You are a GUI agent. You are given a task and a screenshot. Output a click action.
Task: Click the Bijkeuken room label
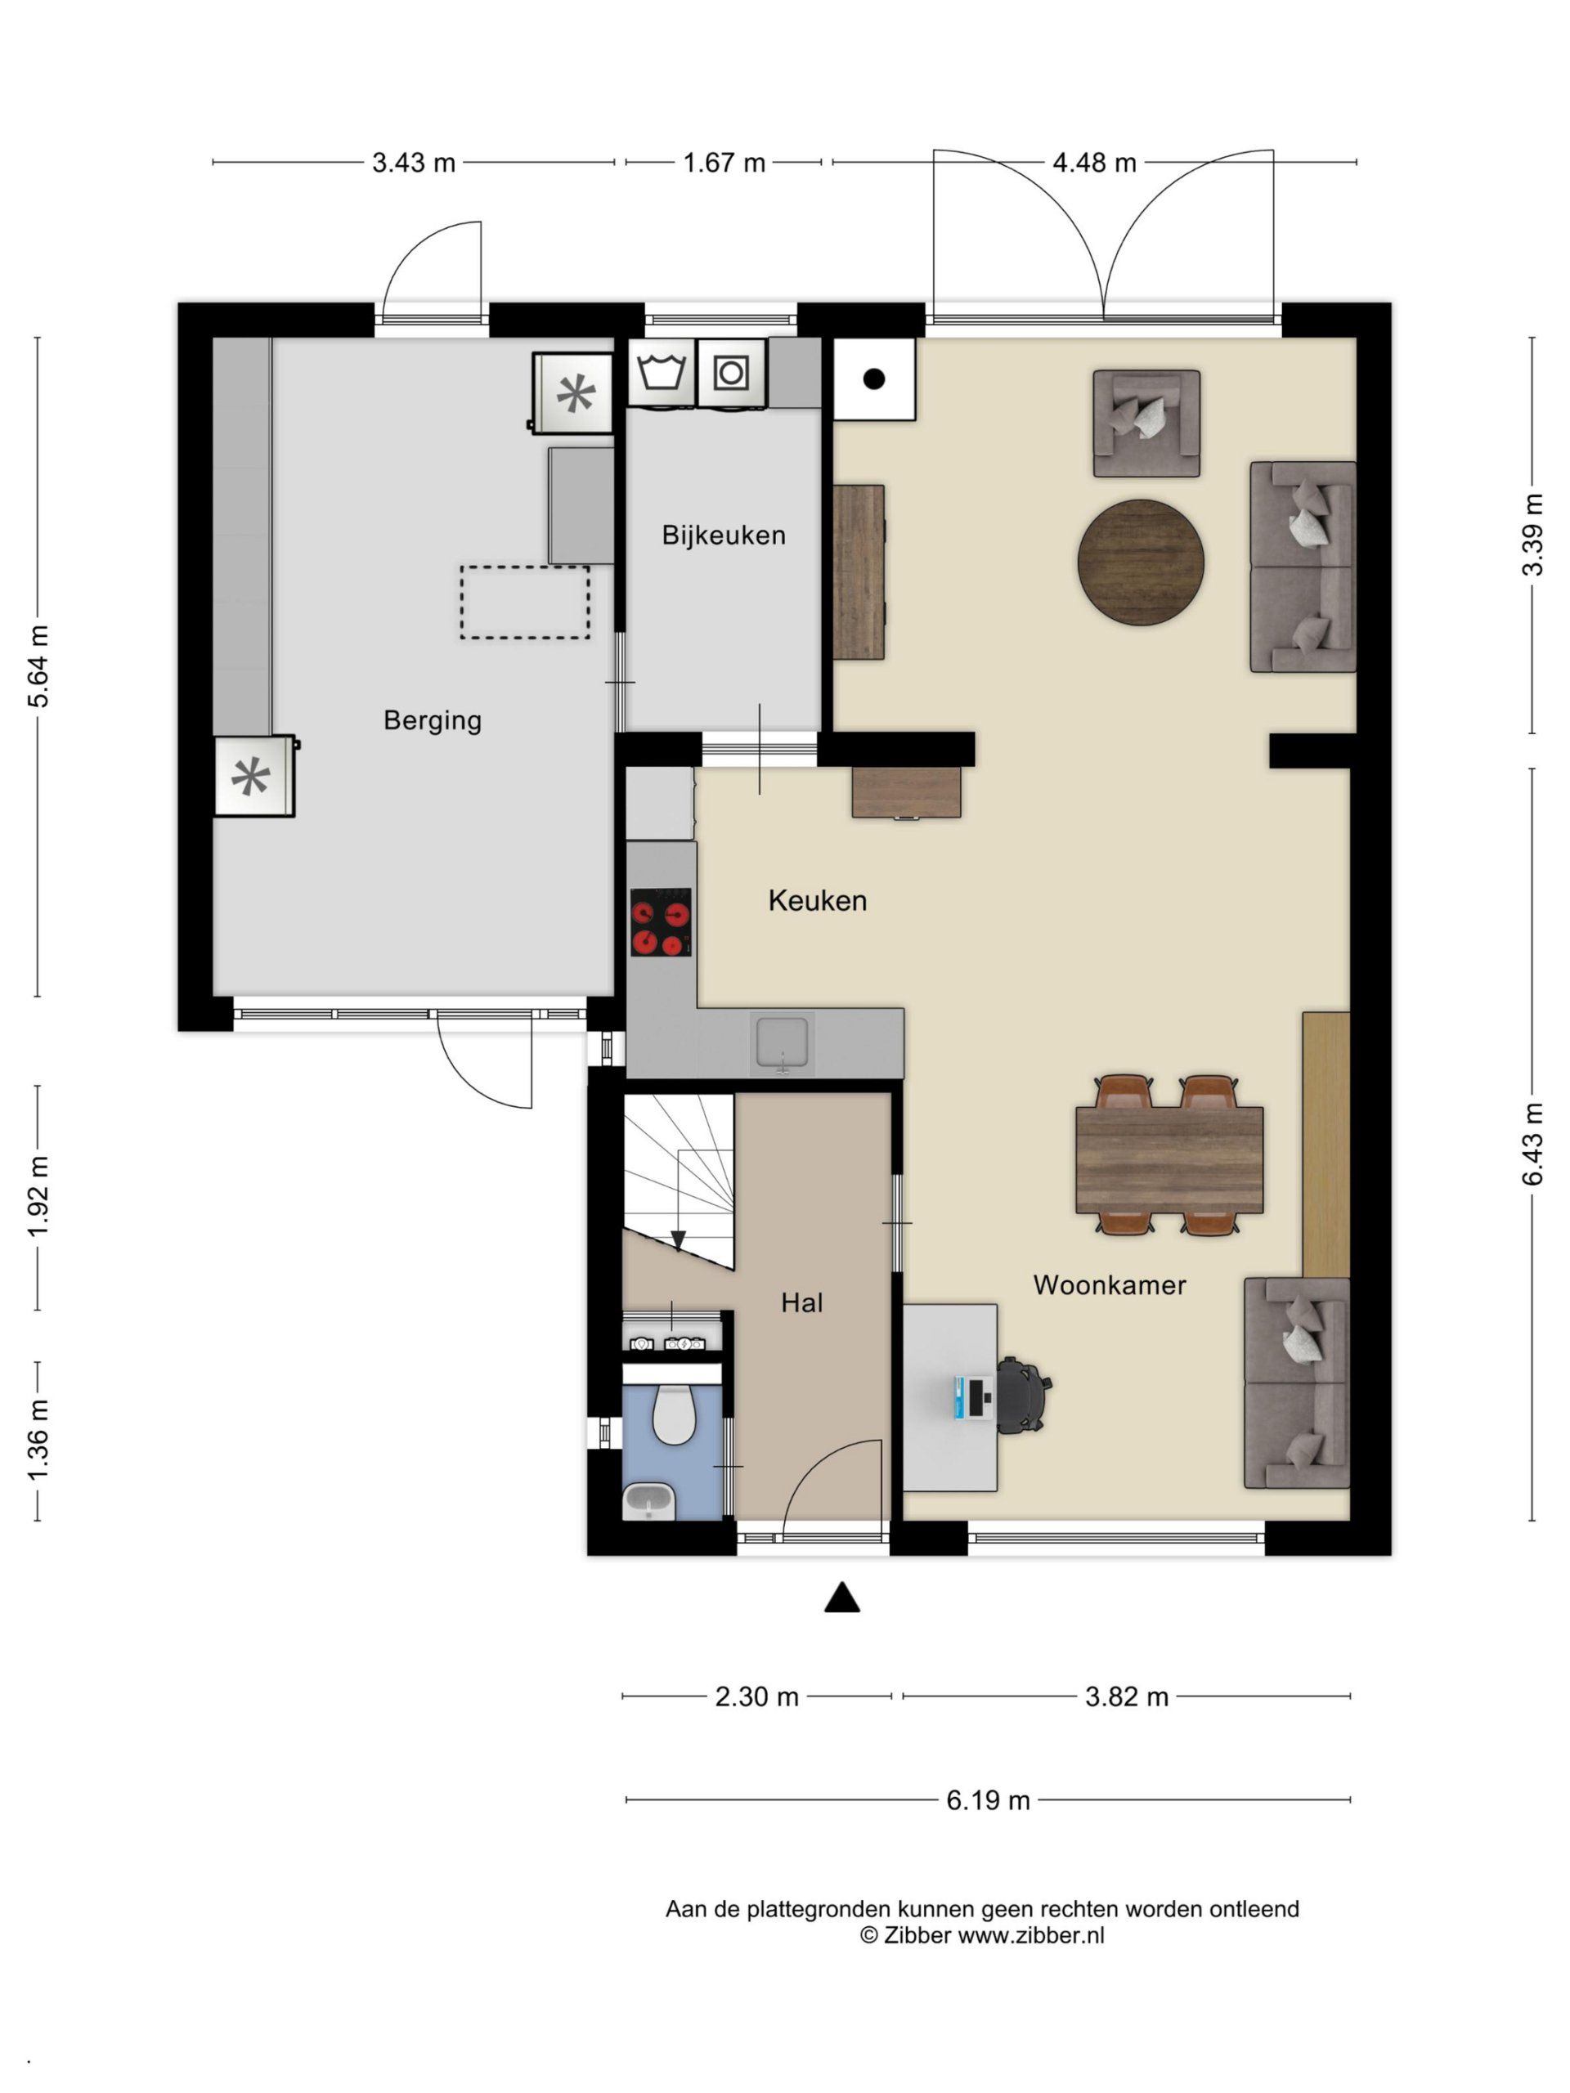click(x=723, y=536)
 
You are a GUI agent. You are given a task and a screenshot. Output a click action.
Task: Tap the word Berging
click(x=433, y=721)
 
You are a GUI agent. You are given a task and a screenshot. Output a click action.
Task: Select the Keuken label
click(x=818, y=901)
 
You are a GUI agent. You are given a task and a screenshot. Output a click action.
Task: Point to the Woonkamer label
click(x=1109, y=1285)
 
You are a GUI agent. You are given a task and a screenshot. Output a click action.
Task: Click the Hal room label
click(x=801, y=1303)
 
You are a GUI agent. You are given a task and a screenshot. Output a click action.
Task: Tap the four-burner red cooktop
click(x=661, y=921)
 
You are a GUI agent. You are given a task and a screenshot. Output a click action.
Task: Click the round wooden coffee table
click(x=1141, y=561)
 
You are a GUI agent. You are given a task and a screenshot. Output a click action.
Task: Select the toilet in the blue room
click(x=673, y=1414)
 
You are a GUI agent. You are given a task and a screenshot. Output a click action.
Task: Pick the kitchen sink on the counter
click(x=783, y=1044)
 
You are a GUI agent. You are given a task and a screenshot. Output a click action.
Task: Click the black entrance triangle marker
click(x=841, y=1598)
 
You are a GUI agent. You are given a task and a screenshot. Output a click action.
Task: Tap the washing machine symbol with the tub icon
click(x=662, y=373)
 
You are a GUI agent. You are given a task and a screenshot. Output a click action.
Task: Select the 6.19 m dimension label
click(x=988, y=1799)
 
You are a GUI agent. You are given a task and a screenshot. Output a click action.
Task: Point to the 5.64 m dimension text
click(x=38, y=666)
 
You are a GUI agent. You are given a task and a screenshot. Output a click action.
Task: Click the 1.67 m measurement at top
click(x=724, y=163)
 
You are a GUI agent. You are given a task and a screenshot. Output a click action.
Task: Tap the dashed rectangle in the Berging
click(x=525, y=602)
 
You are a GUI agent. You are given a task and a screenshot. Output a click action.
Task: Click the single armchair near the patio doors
click(x=1146, y=423)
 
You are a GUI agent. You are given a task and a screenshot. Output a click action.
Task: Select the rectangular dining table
click(x=1169, y=1160)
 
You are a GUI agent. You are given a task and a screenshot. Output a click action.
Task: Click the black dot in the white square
click(x=873, y=379)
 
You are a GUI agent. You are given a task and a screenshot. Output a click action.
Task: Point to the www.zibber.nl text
click(x=1030, y=1935)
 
